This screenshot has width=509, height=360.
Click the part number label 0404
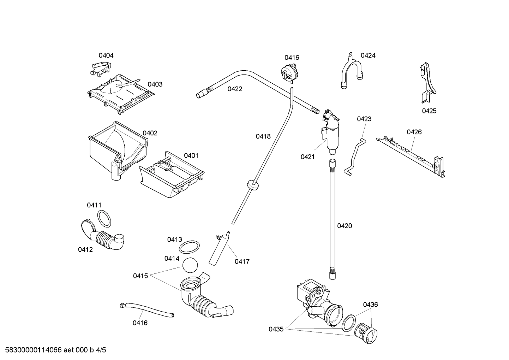(106, 55)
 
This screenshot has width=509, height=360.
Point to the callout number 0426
(414, 132)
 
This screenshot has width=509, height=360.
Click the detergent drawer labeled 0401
(172, 176)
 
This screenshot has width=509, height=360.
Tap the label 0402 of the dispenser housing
(150, 133)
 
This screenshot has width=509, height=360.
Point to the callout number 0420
(345, 226)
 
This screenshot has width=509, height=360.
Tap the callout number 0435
(276, 329)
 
